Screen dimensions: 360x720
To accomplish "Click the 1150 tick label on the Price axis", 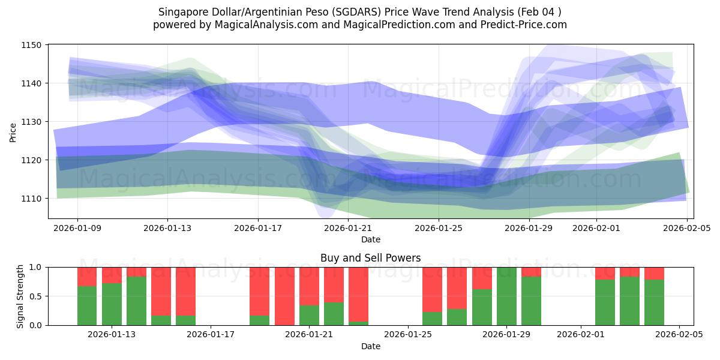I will coord(31,45).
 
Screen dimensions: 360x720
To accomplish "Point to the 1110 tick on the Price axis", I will coord(31,199).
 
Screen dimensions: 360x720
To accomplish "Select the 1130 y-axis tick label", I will coord(31,122).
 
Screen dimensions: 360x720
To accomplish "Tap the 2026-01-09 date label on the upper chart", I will coord(77,228).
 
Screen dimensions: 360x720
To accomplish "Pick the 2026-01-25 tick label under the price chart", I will coord(439,228).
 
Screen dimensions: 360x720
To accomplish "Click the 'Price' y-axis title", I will coord(13,131).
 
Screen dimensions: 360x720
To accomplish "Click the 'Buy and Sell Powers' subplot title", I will coord(370,258).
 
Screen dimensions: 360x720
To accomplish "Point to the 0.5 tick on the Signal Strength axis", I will coord(36,296).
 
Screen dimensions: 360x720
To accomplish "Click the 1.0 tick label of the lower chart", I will coord(36,268).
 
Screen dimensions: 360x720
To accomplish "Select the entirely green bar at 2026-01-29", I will coord(507,296).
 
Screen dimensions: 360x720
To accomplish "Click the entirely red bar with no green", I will coord(284,296).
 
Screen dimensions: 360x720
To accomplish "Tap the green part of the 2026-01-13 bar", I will coord(112,305).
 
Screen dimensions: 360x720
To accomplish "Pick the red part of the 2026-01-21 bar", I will coord(309,286).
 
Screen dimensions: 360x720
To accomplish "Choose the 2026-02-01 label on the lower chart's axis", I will coord(581,335).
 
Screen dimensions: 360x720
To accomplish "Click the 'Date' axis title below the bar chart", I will coord(370,346).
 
